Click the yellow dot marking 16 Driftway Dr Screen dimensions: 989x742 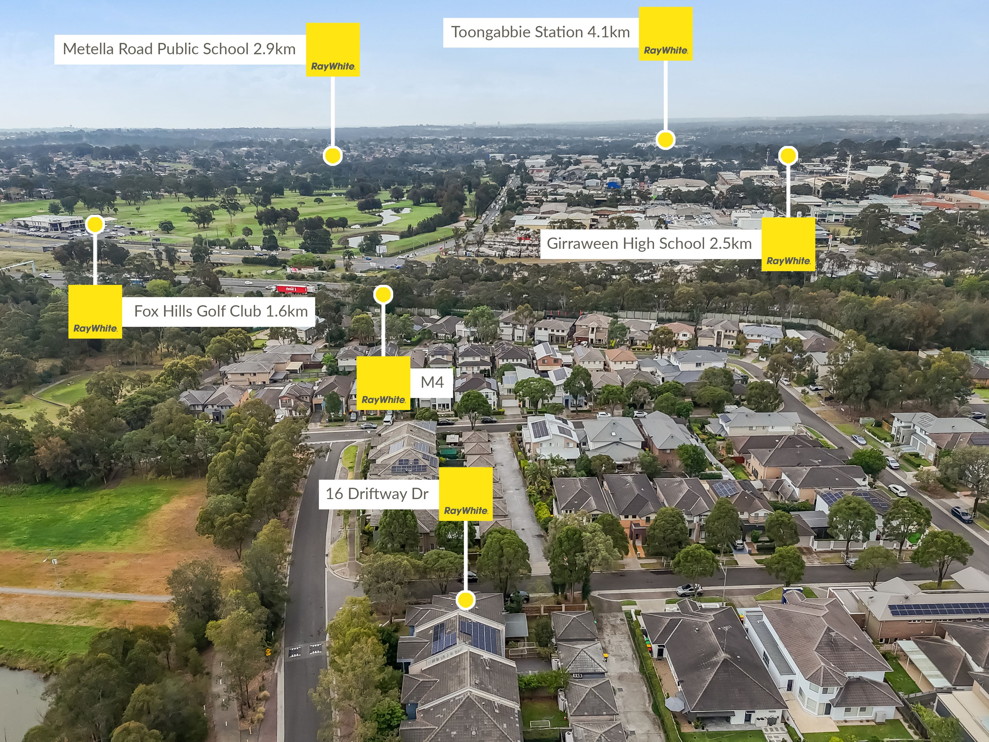[x=466, y=600]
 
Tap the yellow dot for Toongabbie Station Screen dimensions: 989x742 [x=665, y=140]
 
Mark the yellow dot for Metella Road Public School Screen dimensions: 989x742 [x=333, y=156]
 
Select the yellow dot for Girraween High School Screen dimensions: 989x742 [x=788, y=155]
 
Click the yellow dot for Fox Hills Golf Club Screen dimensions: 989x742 [x=95, y=224]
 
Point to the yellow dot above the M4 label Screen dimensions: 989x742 [x=383, y=295]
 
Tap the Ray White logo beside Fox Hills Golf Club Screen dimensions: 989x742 [x=95, y=312]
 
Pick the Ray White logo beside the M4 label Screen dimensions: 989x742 [x=383, y=383]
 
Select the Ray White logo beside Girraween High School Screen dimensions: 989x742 [x=788, y=244]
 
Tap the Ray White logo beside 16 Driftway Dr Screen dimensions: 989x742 [x=466, y=494]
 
